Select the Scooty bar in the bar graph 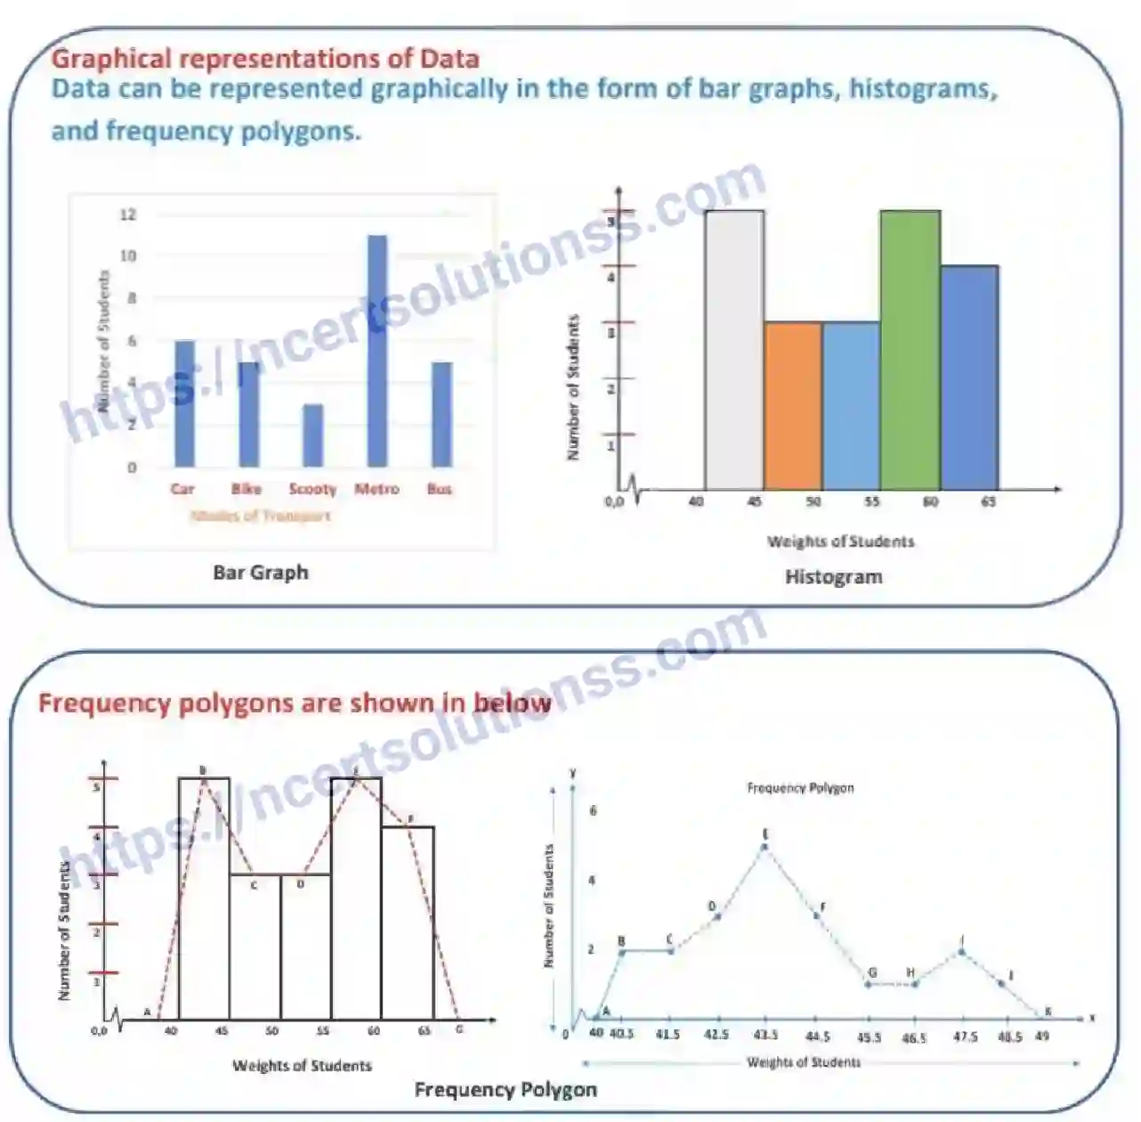point(312,435)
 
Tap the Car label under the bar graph point(182,489)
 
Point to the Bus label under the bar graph point(440,489)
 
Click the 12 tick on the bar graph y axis point(128,215)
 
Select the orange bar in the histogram point(793,405)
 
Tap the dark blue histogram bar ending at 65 point(969,378)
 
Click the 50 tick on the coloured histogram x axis point(813,502)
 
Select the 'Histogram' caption point(834,577)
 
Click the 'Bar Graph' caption point(261,573)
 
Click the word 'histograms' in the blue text point(922,89)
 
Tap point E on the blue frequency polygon point(765,846)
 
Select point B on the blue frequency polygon point(621,952)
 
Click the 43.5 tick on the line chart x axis point(765,1036)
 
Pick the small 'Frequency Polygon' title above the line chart point(800,788)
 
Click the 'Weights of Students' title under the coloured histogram point(840,541)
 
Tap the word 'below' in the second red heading point(512,703)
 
